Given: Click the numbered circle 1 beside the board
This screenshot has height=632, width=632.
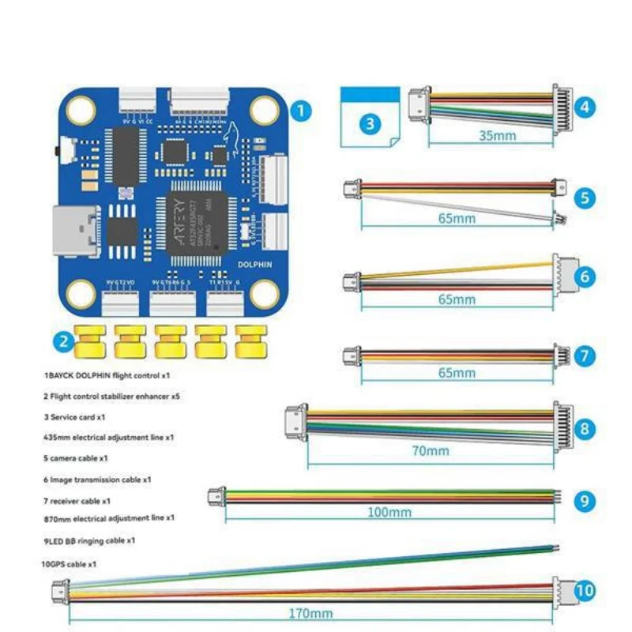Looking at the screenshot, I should point(300,111).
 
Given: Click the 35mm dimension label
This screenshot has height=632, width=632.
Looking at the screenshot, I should point(497,135).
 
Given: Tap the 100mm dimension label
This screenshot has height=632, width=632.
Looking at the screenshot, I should point(389,512).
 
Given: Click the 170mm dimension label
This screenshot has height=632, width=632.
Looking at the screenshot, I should point(310,612).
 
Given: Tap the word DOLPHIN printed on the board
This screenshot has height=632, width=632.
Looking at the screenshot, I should point(254,265).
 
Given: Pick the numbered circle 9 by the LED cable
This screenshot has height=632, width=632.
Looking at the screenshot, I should point(584,500).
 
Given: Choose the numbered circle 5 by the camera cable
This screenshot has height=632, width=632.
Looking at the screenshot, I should point(585,197).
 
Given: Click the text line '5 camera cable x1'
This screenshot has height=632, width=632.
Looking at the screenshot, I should point(76,457).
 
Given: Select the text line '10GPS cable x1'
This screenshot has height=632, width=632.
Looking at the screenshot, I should point(69,564).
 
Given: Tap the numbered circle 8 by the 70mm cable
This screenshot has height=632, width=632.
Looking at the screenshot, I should point(585,429).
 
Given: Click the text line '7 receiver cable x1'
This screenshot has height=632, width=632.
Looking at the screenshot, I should point(77,500).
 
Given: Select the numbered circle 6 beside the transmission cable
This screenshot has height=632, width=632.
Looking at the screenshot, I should point(585,276).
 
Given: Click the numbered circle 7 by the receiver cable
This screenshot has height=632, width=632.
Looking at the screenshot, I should point(585,355).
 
